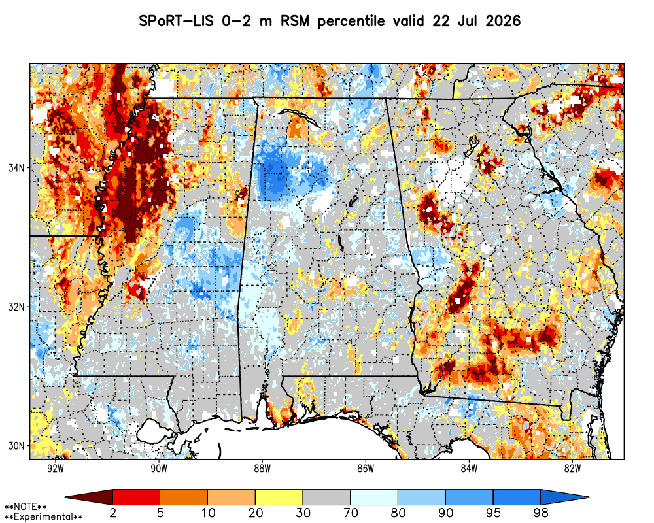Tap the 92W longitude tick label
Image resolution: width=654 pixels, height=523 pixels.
click(x=56, y=469)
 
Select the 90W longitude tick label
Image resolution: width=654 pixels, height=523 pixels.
click(x=159, y=469)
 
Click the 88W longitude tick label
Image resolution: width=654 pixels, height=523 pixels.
click(x=262, y=469)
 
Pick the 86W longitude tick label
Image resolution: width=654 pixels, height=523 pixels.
click(x=366, y=469)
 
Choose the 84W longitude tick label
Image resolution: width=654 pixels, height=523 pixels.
click(x=469, y=469)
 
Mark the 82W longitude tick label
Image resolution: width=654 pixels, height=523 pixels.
click(x=573, y=469)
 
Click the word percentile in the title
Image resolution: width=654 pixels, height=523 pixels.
click(x=351, y=22)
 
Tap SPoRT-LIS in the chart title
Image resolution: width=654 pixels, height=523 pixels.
click(x=175, y=21)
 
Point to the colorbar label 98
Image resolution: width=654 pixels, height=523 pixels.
click(x=541, y=513)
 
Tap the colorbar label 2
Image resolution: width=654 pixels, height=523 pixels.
click(x=112, y=513)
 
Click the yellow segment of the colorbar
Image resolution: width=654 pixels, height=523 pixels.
click(x=279, y=497)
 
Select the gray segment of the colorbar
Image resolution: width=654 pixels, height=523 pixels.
click(x=326, y=497)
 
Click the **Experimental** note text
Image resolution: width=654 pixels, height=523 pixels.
click(x=43, y=517)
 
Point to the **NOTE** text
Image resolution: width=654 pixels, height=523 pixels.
click(x=26, y=507)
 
